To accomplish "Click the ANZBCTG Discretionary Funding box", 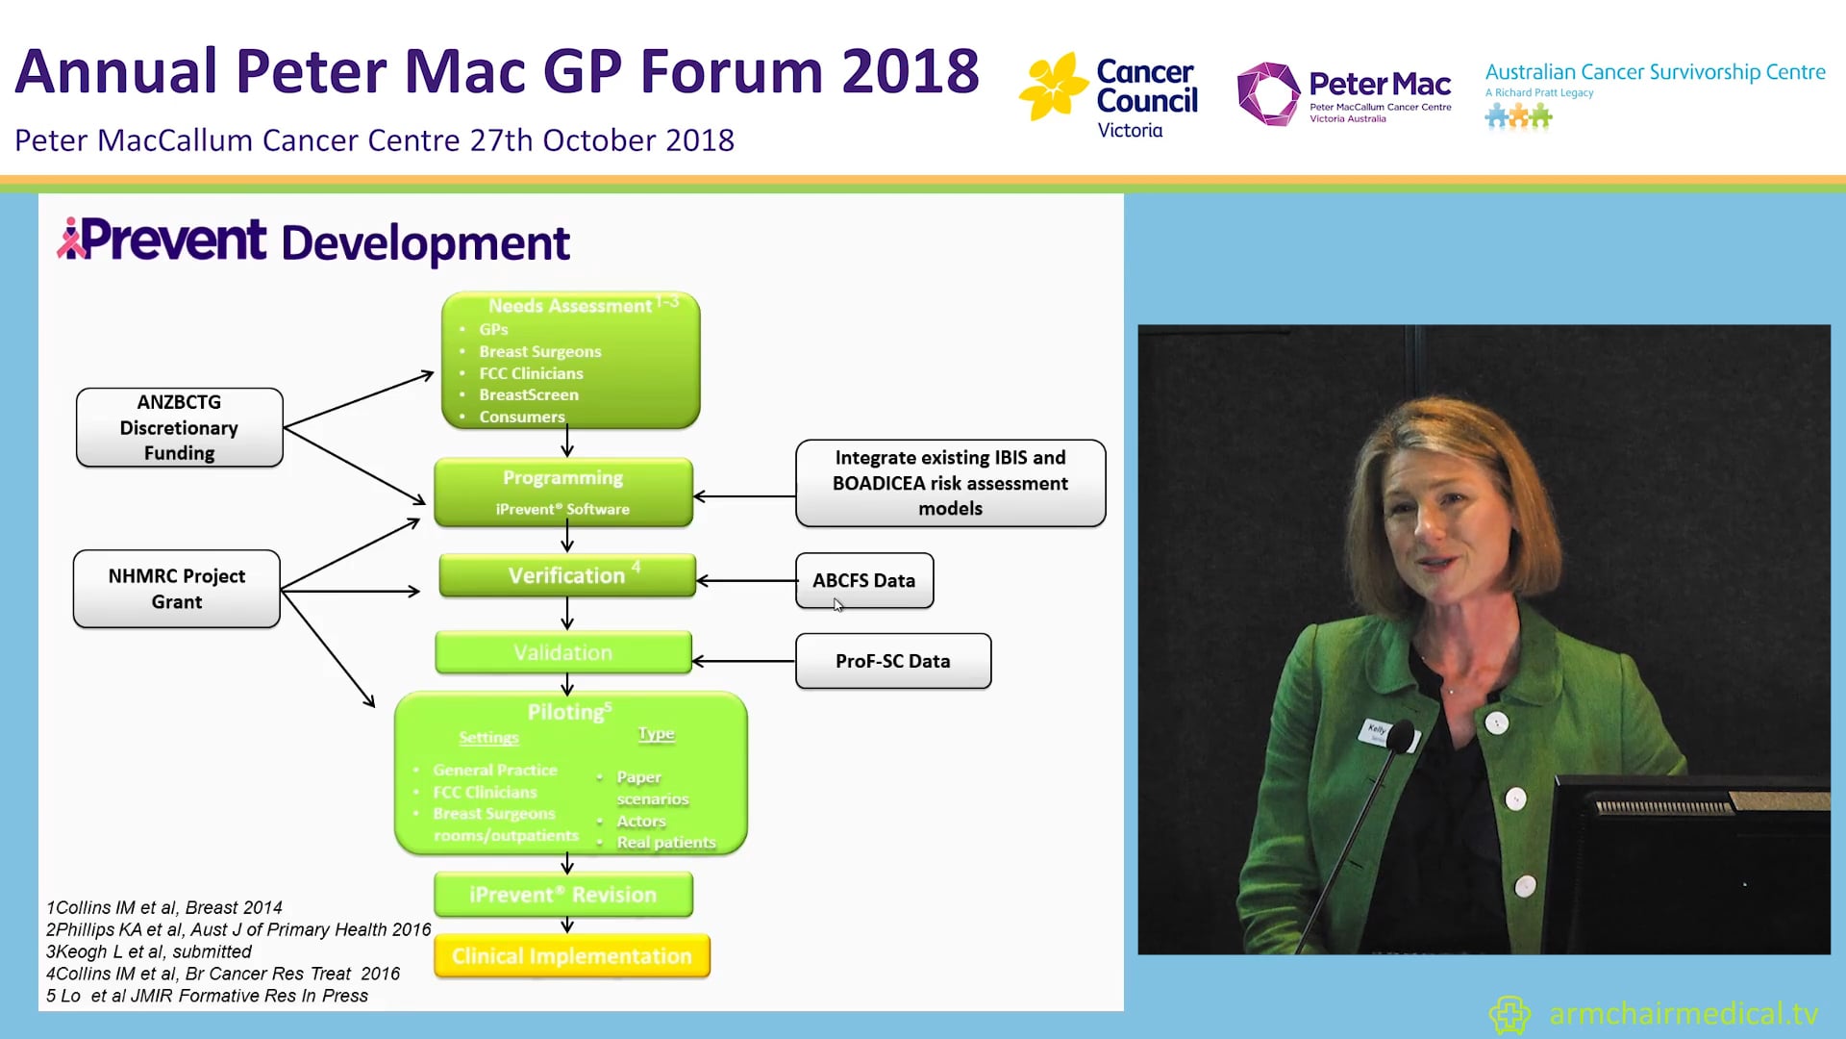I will (180, 428).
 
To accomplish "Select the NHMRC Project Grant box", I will (177, 589).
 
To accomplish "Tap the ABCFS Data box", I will (864, 580).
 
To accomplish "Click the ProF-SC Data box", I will (893, 661).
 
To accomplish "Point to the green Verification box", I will (566, 575).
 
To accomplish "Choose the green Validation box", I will (563, 653).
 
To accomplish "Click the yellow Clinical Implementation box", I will (572, 956).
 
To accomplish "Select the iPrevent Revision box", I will (563, 895).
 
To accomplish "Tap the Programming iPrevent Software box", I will (563, 493).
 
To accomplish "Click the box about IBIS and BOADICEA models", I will (950, 483).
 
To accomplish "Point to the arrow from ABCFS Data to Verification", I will (746, 581).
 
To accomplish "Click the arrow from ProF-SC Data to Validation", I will (743, 661).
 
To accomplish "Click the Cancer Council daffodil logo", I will (1053, 87).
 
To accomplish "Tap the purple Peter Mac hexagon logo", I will (1267, 94).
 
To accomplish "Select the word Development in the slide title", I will (425, 243).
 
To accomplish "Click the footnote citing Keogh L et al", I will (149, 951).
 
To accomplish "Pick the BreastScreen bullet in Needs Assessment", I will (529, 394).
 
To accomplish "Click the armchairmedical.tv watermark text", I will (1683, 1014).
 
